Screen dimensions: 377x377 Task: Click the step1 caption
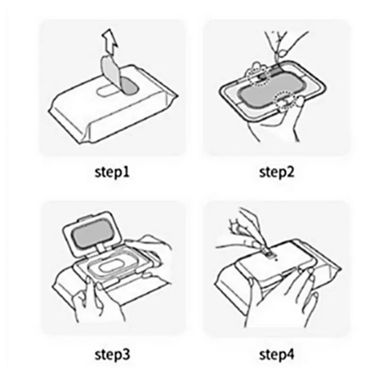pos(112,172)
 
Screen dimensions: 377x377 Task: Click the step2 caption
pos(277,172)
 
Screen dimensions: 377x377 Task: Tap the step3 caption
pos(112,355)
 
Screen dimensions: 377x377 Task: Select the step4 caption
pos(277,355)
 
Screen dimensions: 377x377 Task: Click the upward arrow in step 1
pos(110,41)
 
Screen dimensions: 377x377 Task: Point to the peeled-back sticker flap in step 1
pos(110,72)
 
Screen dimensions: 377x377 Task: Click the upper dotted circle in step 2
pos(258,74)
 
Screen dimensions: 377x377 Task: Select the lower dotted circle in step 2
pos(285,101)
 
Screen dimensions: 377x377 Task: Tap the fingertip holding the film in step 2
pos(284,53)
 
